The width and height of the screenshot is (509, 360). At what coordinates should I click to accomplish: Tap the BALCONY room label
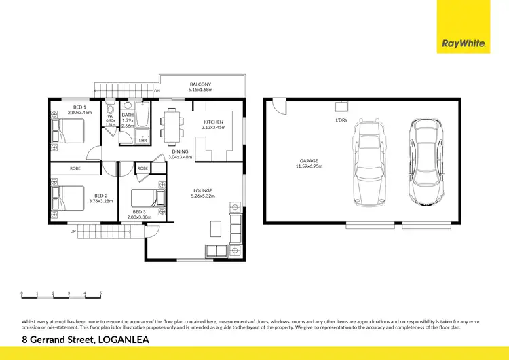coord(201,84)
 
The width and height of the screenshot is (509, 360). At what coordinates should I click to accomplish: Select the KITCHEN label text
coord(212,122)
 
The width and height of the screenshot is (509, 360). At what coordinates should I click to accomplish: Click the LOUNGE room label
coord(202,191)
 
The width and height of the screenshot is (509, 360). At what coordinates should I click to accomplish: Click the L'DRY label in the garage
coord(342,120)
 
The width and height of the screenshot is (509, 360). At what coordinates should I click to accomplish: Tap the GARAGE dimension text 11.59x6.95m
coord(309,166)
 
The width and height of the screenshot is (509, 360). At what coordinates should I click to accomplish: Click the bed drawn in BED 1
coord(69,130)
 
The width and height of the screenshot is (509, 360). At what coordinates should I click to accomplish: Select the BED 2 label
coord(100,195)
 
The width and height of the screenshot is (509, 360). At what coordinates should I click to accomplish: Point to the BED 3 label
coord(139,212)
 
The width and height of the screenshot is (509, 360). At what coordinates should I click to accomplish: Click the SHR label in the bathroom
coord(143,141)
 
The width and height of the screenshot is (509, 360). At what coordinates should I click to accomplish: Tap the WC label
coord(110,116)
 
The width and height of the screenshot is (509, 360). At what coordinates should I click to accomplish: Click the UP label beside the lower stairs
coord(73,231)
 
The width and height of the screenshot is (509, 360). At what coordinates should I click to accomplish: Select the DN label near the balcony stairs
coord(157,90)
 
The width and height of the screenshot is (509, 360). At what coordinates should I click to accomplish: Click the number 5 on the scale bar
coord(100,293)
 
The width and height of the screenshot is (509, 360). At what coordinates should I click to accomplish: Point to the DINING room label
coord(180,152)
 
